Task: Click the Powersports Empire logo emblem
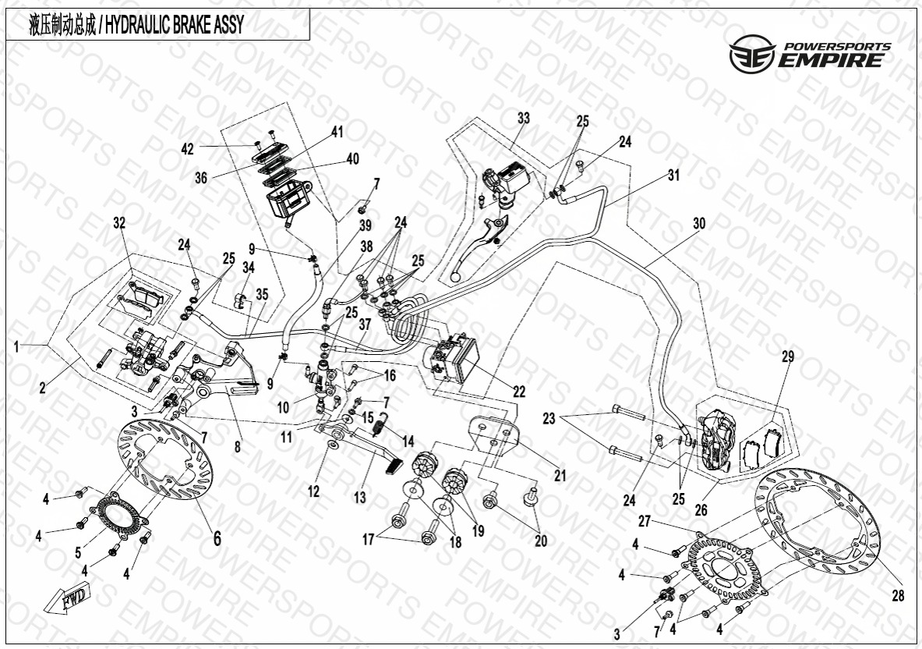coord(752,54)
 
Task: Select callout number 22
coord(519,392)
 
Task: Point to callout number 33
coord(523,119)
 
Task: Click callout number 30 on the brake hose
coord(698,223)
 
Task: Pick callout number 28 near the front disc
coord(898,595)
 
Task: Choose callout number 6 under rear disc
coord(217,537)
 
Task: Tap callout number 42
coord(187,149)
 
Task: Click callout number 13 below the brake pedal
coord(360,498)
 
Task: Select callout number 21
coord(560,475)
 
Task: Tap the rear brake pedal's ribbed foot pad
coord(392,466)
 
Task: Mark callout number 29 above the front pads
coord(787,356)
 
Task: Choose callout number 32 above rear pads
coord(119,222)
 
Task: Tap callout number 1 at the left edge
coord(16,346)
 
